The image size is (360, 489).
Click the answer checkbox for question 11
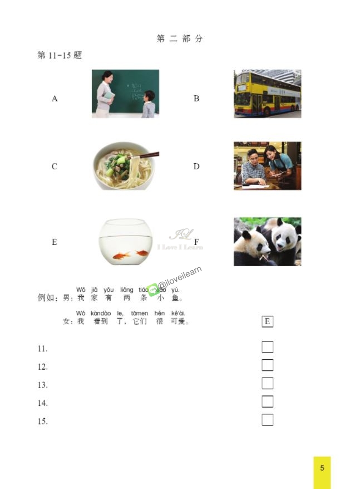click(267, 347)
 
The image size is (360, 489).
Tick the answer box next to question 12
click(267, 365)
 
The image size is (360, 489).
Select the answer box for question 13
click(267, 383)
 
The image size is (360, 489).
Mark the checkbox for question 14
click(267, 402)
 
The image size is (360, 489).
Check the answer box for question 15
click(267, 419)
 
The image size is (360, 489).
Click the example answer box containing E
click(267, 321)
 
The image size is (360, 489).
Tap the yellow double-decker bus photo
click(267, 94)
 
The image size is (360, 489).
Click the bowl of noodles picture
click(125, 165)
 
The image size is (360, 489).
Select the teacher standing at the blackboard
click(105, 94)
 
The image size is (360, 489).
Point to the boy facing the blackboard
click(148, 104)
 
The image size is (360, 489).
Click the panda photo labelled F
click(267, 241)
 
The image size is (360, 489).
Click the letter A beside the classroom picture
click(55, 99)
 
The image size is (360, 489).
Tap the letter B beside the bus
click(196, 99)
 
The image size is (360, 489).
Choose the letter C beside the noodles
click(54, 167)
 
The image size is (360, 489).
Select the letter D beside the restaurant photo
click(196, 167)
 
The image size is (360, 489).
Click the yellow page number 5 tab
click(322, 468)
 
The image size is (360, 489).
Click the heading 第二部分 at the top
click(180, 38)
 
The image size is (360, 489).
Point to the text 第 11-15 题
click(60, 56)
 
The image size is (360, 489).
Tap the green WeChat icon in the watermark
click(153, 288)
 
